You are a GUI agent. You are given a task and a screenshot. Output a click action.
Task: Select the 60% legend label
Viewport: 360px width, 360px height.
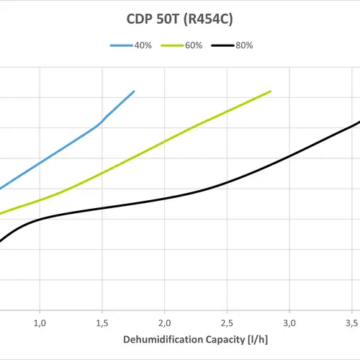(194, 45)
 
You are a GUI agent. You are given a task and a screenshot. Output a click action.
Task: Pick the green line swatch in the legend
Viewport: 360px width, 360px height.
(171, 45)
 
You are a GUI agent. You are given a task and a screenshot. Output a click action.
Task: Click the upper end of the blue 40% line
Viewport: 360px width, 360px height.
(134, 91)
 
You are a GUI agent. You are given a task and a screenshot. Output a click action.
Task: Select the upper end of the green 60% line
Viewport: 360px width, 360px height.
(271, 91)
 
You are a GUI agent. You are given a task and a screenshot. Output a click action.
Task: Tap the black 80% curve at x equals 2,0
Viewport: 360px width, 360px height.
(165, 198)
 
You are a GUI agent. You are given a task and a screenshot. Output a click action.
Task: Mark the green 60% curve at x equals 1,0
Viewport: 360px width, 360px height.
(40, 199)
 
